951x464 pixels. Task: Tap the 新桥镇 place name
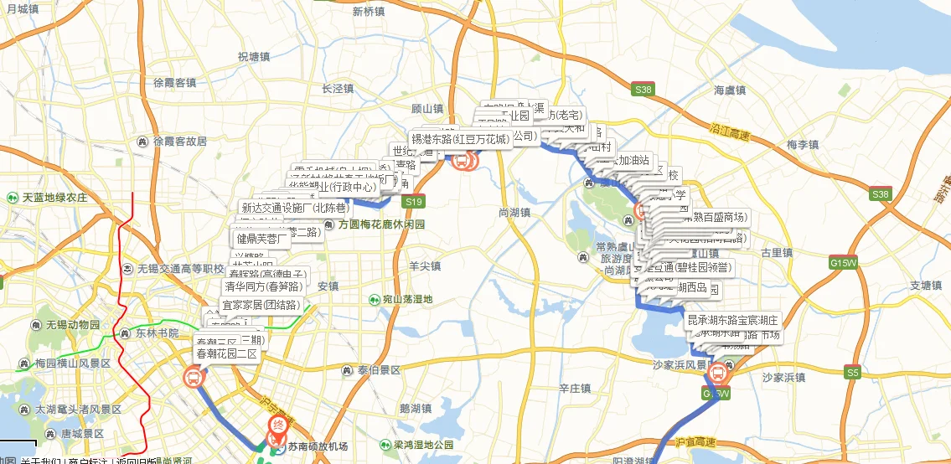click(369, 12)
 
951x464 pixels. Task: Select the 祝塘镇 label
click(253, 57)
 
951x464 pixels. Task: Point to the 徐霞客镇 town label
click(174, 82)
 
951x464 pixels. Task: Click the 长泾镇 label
click(338, 88)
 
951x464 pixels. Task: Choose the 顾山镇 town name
click(426, 109)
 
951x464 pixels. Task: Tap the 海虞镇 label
click(729, 90)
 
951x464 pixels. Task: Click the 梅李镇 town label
click(802, 145)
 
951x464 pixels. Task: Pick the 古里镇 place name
click(775, 252)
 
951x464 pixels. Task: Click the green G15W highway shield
click(844, 262)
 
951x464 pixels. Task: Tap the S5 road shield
click(853, 372)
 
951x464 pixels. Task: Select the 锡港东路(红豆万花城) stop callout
click(460, 139)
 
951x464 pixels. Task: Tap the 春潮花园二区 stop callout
click(226, 354)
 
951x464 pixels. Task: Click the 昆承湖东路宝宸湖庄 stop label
click(732, 320)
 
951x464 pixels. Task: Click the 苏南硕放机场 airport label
click(318, 446)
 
